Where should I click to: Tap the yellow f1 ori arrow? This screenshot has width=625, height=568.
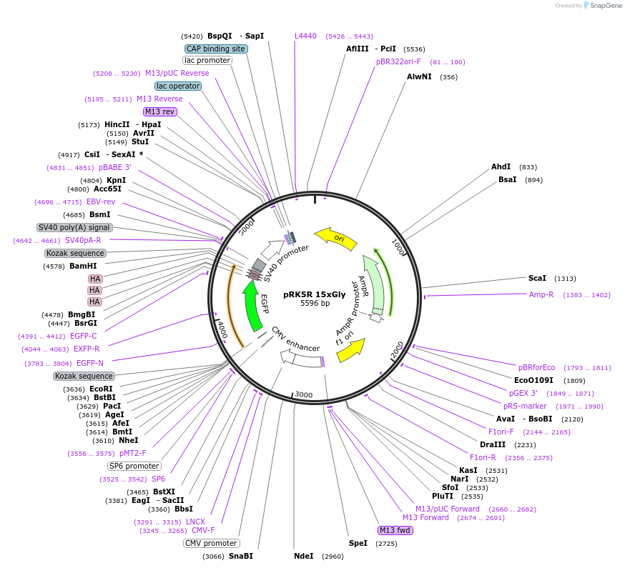352,349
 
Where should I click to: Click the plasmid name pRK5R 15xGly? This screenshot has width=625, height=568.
315,294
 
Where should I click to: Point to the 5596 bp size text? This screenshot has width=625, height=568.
315,303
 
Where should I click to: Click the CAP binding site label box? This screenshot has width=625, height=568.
216,49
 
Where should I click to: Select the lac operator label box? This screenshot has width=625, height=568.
178,86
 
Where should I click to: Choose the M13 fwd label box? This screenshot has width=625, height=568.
395,530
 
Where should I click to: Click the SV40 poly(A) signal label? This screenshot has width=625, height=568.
74,227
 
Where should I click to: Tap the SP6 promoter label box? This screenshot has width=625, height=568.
134,466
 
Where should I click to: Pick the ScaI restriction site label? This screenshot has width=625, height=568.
537,278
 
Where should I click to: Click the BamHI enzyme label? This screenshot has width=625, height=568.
83,266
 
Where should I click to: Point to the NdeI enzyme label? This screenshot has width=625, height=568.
304,556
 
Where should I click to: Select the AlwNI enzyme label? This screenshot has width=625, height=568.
419,76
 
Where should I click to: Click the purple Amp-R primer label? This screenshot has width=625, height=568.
541,294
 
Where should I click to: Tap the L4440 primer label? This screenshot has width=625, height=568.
305,36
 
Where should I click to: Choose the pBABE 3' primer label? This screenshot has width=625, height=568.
115,167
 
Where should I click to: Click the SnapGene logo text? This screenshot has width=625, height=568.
606,5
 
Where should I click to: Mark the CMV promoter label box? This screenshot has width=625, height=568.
211,543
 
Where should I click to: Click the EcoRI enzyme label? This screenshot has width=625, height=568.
101,389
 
